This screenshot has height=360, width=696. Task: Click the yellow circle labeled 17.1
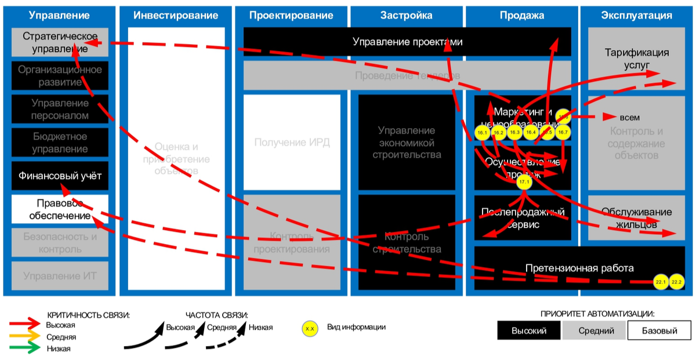pyautogui.click(x=524, y=182)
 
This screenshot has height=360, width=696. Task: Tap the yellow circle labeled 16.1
pyautogui.click(x=482, y=133)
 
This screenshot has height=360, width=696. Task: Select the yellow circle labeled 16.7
pyautogui.click(x=562, y=133)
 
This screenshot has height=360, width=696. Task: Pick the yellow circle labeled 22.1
pyautogui.click(x=661, y=282)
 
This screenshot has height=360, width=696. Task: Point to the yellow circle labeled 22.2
pyautogui.click(x=677, y=282)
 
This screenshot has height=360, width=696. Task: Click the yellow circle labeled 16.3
pyautogui.click(x=514, y=133)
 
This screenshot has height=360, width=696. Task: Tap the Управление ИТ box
pyautogui.click(x=60, y=276)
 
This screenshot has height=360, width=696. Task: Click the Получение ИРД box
pyautogui.click(x=292, y=143)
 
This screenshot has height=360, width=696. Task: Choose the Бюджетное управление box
pyautogui.click(x=60, y=143)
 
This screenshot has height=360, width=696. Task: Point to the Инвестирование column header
pyautogui.click(x=176, y=16)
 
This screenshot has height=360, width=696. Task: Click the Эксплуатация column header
pyautogui.click(x=637, y=16)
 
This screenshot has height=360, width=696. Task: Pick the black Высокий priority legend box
pyautogui.click(x=528, y=330)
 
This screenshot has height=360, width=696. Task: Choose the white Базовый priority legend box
pyautogui.click(x=659, y=330)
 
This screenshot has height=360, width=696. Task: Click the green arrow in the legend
pyautogui.click(x=26, y=349)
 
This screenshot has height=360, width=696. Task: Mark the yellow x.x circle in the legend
pyautogui.click(x=310, y=329)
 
